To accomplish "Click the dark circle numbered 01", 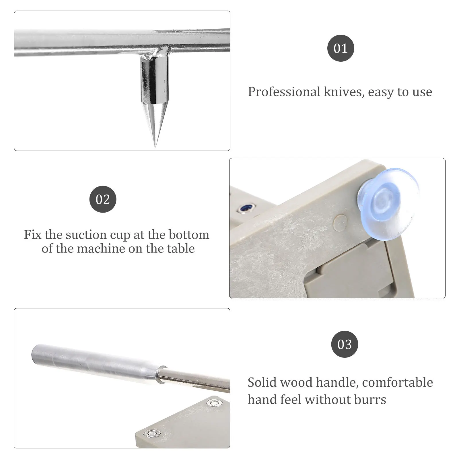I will (341, 48).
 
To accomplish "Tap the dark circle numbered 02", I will (103, 199).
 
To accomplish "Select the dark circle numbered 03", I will (345, 344).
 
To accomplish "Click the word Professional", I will (284, 92).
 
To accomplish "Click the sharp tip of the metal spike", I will (155, 146).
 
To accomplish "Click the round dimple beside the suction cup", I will (341, 222).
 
